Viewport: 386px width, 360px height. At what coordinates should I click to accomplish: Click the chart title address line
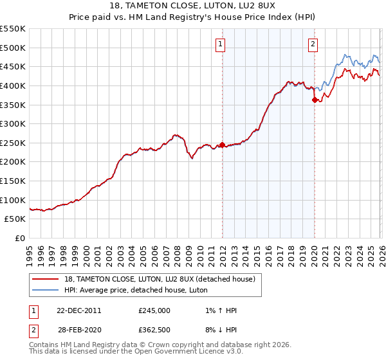[192, 6]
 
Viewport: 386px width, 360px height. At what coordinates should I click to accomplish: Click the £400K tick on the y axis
[13, 85]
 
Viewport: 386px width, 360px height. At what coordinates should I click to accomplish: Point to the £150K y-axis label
[13, 181]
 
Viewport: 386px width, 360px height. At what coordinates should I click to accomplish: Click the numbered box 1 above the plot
[221, 44]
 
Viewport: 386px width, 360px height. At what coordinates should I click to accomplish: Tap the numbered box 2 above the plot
[313, 44]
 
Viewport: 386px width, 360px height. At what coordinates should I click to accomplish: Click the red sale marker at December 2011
[222, 145]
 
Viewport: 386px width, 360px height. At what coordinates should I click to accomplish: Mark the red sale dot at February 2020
[315, 100]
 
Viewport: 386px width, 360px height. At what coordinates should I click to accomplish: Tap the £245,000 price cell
[154, 310]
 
